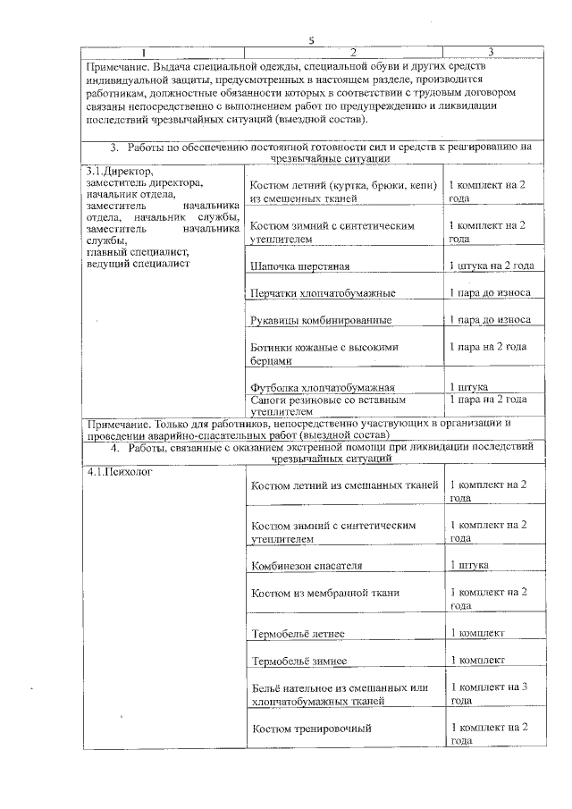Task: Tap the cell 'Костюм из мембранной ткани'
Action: pos(325,593)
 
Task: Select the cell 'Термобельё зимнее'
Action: pos(299,662)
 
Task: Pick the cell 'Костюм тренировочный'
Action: pos(311,729)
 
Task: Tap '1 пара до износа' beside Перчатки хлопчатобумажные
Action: pos(490,293)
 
